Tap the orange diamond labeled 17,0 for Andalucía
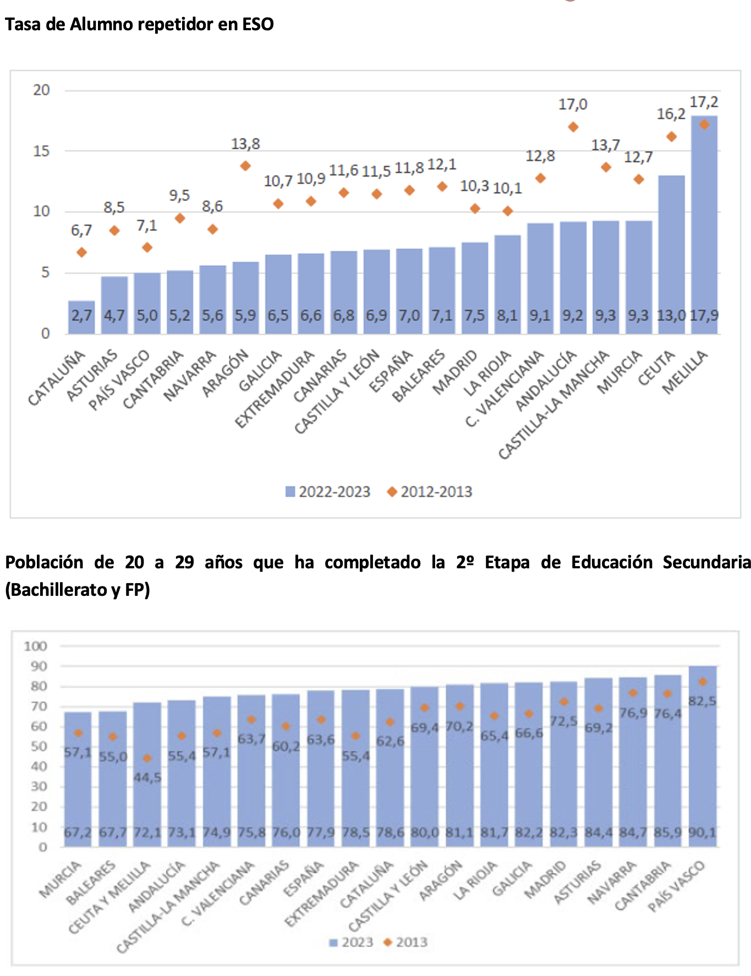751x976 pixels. (x=573, y=127)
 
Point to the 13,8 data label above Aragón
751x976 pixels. (x=245, y=144)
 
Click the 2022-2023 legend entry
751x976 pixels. (x=328, y=491)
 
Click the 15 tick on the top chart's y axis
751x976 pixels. (x=41, y=151)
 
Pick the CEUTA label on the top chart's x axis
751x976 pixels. (x=657, y=368)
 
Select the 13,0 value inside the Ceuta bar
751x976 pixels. (x=671, y=316)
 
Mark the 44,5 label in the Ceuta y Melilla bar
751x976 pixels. (x=147, y=778)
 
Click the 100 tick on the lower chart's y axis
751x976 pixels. (x=36, y=646)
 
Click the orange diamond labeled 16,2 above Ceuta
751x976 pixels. (x=671, y=136)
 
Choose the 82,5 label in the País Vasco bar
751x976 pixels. (x=703, y=701)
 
